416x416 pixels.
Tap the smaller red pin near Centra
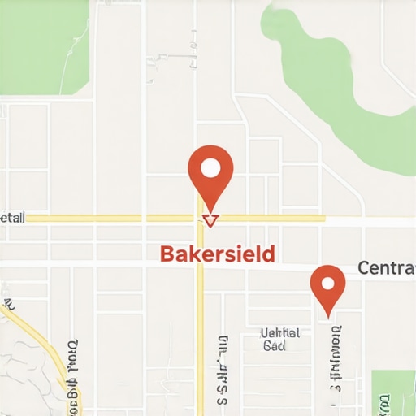tap(328, 288)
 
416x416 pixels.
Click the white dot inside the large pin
tap(210, 168)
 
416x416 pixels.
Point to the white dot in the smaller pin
tap(328, 284)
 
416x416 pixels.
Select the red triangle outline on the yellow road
tap(210, 219)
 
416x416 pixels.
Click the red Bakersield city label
tap(218, 253)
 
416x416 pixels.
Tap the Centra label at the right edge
tap(386, 268)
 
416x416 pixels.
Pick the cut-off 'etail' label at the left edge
tap(13, 218)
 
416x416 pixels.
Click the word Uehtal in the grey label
tap(279, 333)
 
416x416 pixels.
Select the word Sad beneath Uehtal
tap(275, 345)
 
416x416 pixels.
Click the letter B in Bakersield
tap(167, 253)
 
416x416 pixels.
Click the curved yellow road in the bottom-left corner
tap(41, 341)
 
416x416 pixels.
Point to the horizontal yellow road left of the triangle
tap(106, 219)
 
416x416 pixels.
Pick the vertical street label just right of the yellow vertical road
tap(220, 370)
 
